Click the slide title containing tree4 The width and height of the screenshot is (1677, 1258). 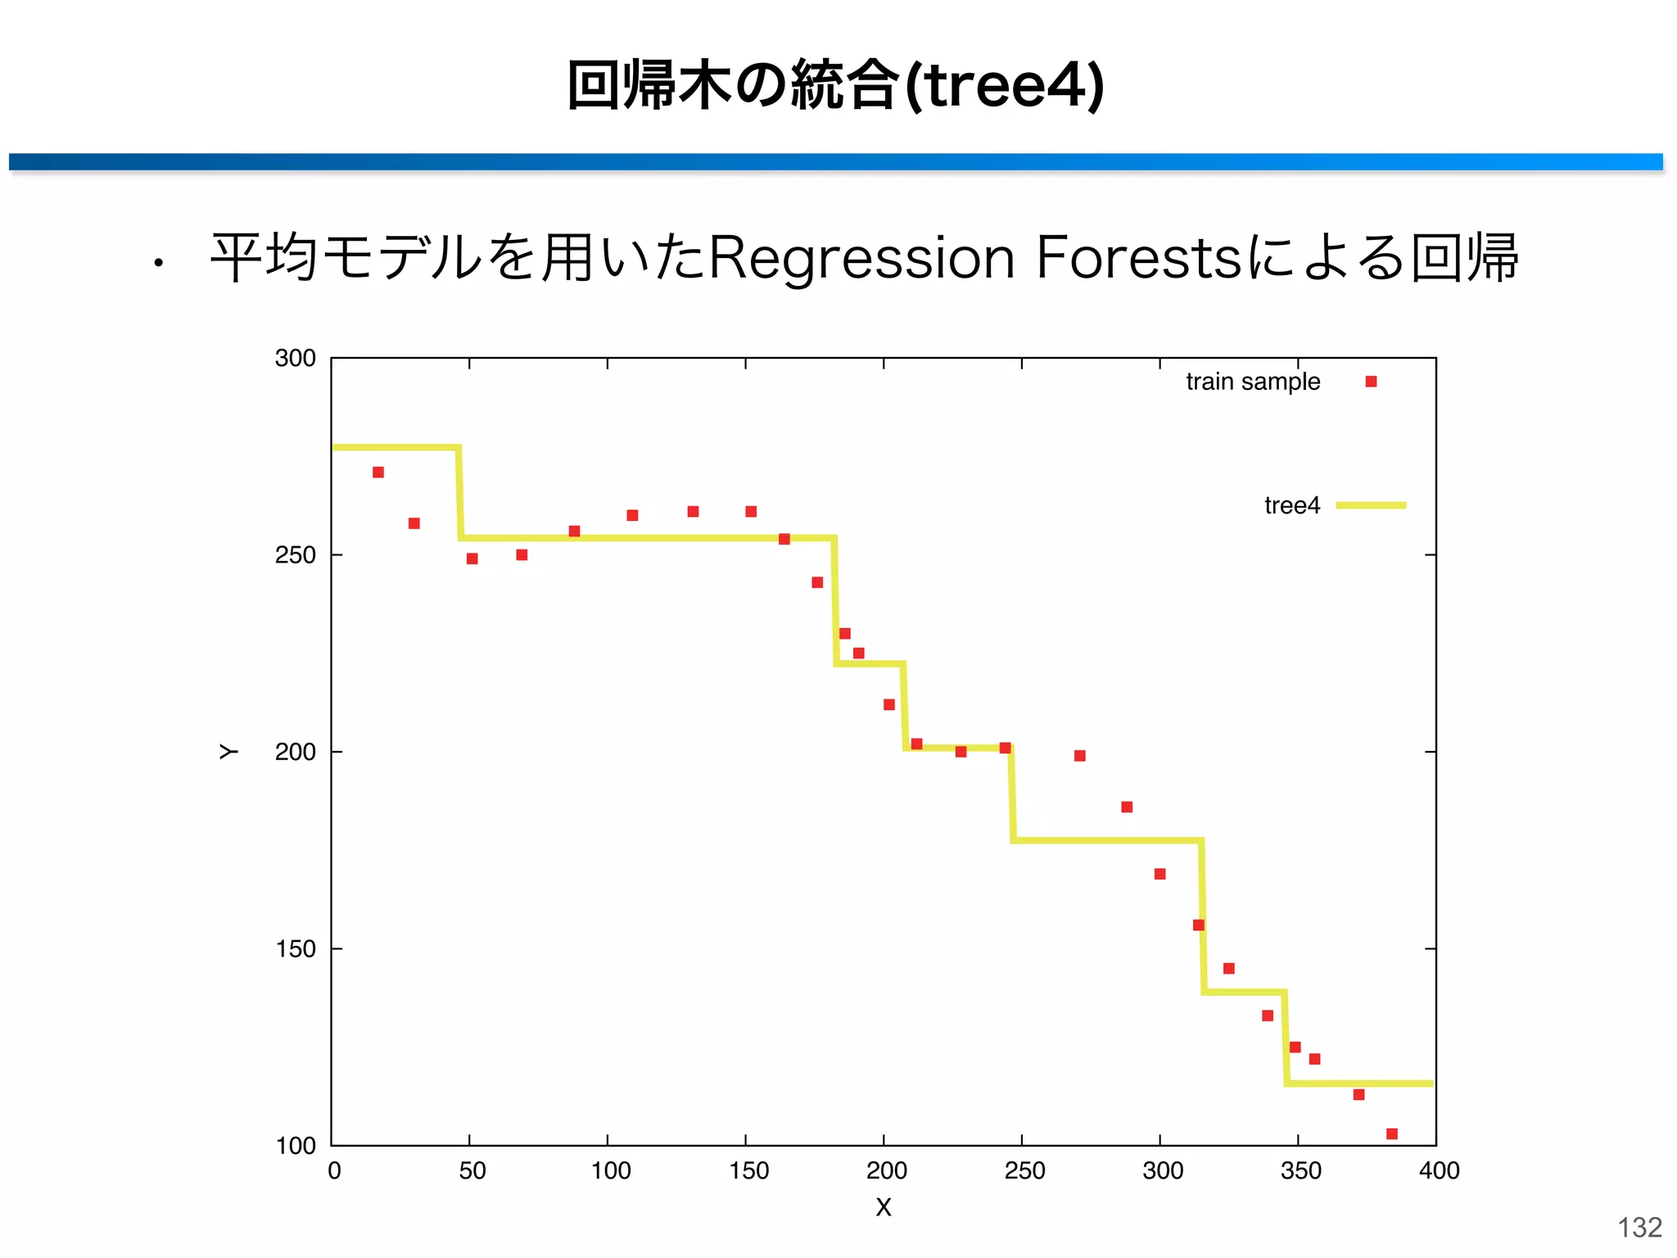[x=835, y=84]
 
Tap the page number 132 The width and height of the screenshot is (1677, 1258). [x=1639, y=1227]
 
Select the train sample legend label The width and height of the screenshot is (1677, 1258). [x=1252, y=382]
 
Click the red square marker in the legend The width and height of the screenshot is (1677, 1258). [x=1371, y=382]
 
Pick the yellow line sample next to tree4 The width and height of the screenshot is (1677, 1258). [x=1371, y=505]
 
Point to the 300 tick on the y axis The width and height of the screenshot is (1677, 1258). [x=295, y=359]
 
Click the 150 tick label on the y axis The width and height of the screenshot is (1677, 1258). [x=295, y=949]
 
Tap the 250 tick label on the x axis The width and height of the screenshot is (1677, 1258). [x=1024, y=1170]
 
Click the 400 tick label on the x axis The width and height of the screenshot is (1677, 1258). [x=1439, y=1170]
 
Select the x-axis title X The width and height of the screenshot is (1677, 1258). [x=883, y=1207]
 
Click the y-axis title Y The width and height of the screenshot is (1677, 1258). [x=228, y=752]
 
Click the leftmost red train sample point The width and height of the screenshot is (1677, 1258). [x=378, y=473]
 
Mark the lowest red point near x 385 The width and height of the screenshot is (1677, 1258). [x=1391, y=1134]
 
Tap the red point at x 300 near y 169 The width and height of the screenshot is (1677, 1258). [x=1159, y=874]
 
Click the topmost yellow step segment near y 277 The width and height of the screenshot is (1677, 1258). [x=396, y=447]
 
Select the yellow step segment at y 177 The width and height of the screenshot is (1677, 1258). [x=1107, y=840]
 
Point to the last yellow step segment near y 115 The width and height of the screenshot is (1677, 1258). [x=1359, y=1084]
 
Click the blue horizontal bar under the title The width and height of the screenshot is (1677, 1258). [x=835, y=161]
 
